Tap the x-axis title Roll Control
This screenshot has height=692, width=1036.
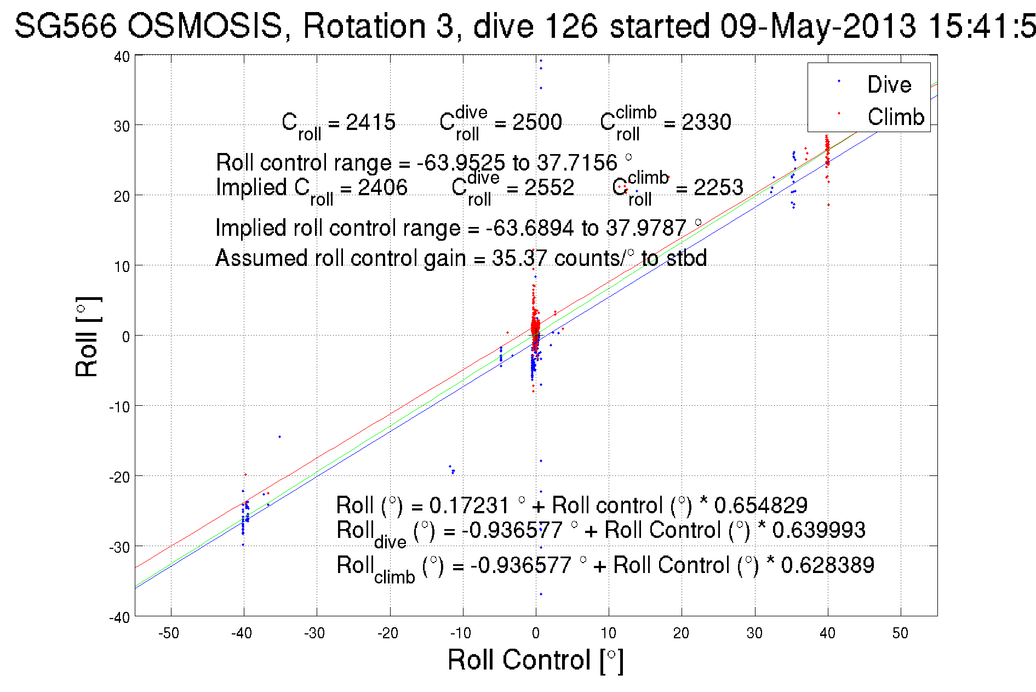535,660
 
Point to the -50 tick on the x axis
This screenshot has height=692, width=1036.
169,633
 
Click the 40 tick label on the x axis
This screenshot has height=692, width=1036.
827,633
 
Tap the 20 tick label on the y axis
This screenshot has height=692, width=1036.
122,196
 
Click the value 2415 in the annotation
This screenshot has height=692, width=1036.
370,122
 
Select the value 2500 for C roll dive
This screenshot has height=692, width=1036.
537,122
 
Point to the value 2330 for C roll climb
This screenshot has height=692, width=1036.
706,122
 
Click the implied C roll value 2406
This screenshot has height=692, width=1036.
382,188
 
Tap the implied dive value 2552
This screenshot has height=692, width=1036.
549,188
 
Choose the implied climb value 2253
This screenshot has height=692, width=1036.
718,188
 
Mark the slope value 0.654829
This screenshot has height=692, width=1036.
760,505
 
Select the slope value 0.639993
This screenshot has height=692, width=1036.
819,530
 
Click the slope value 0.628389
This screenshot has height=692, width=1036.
827,565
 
